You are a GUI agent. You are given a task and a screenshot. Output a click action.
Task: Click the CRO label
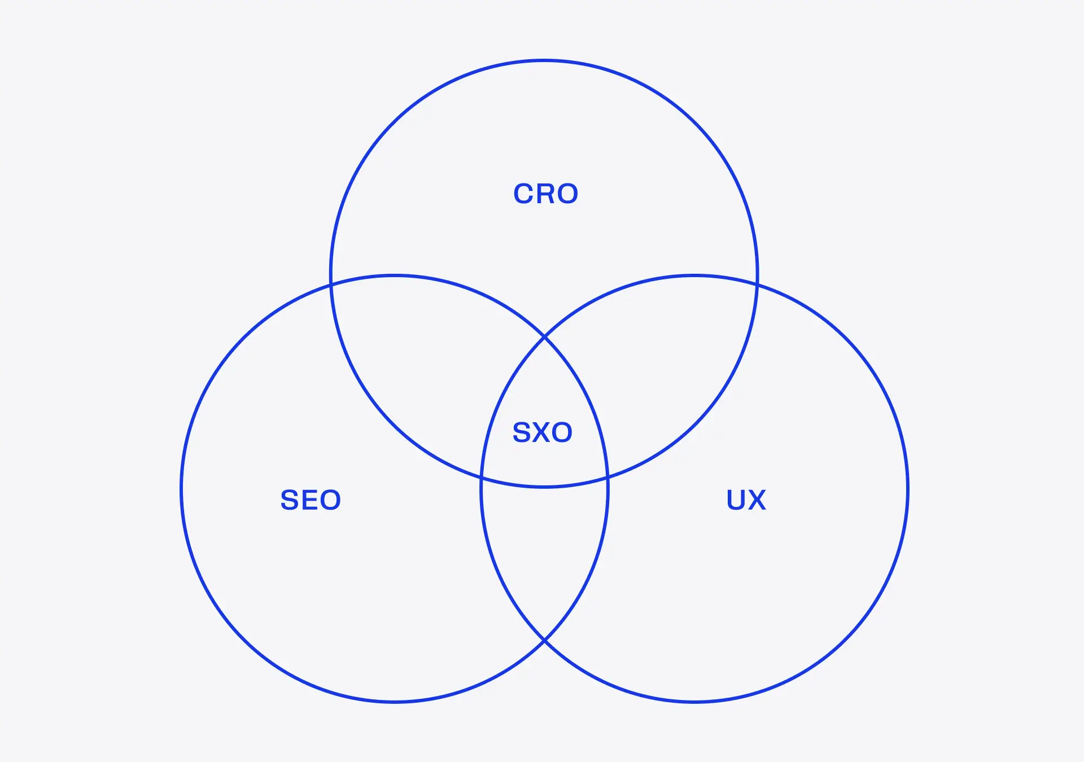pyautogui.click(x=545, y=194)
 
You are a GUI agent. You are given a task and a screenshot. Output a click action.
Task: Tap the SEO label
pyautogui.click(x=311, y=500)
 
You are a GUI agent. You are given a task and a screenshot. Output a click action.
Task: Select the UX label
pyautogui.click(x=746, y=500)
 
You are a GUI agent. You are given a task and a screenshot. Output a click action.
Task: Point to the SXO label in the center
pyautogui.click(x=542, y=432)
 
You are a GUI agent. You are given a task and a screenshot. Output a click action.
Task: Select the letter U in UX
pyautogui.click(x=736, y=500)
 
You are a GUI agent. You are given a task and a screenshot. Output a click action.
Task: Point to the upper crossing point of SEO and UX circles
pyautogui.click(x=544, y=337)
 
